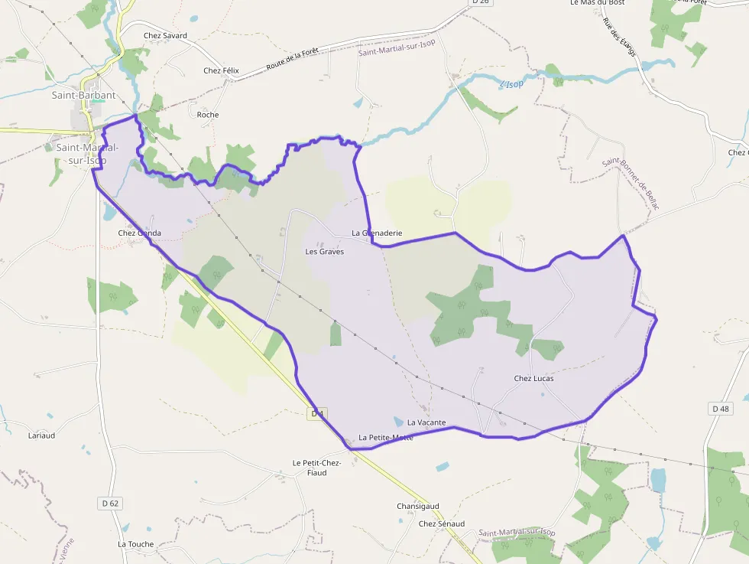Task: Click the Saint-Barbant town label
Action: coord(83,96)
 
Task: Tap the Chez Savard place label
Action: coord(165,35)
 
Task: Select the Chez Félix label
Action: coord(221,70)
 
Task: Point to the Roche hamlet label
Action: coord(208,115)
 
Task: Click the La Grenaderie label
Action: coord(377,233)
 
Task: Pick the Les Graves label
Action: coord(325,251)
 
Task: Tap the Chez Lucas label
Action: coord(533,378)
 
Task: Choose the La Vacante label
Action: coord(426,422)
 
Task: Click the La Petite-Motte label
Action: coord(386,438)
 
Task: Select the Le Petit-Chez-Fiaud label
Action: coord(316,468)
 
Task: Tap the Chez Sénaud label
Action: coord(442,523)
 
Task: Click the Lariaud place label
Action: coord(41,435)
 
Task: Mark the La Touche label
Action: coord(135,544)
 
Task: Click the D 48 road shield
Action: coord(720,409)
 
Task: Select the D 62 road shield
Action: coord(110,503)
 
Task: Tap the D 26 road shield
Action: coord(479,2)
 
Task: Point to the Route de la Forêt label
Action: coord(292,60)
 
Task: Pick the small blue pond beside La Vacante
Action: coord(398,421)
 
